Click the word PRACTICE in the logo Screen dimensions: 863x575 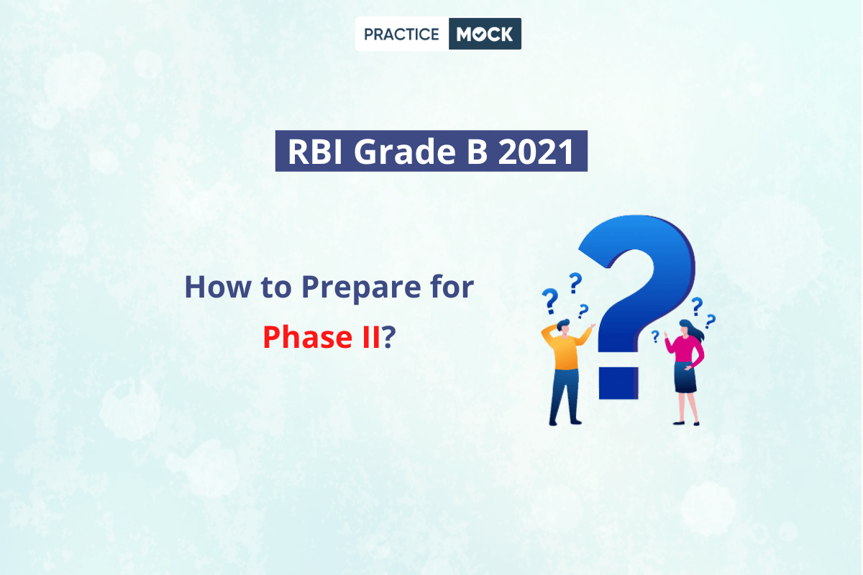coord(401,34)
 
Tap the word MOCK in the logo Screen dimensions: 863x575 coord(485,34)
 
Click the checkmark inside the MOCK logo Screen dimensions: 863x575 coord(479,34)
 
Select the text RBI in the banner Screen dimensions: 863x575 coord(315,152)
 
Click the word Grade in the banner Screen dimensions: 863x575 coord(404,152)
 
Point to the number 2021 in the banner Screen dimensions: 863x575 coord(536,152)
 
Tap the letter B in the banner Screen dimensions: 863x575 coord(477,152)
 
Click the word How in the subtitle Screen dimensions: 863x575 coord(218,287)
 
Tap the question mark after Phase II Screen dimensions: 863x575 coord(388,336)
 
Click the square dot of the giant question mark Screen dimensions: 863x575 coord(618,383)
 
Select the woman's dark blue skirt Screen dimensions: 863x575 coord(685,377)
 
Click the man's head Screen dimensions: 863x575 coord(564,327)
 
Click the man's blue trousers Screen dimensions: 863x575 coord(565,395)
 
